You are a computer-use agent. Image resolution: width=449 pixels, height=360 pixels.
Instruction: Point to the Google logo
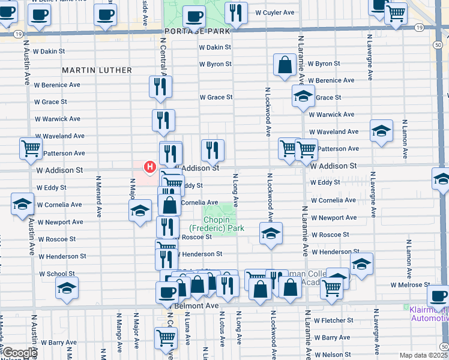point(20,353)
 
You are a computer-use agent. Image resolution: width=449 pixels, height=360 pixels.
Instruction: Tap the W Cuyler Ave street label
point(274,12)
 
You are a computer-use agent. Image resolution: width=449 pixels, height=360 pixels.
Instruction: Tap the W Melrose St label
point(410,285)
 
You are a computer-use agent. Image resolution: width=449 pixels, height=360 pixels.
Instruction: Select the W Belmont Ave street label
point(196,305)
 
